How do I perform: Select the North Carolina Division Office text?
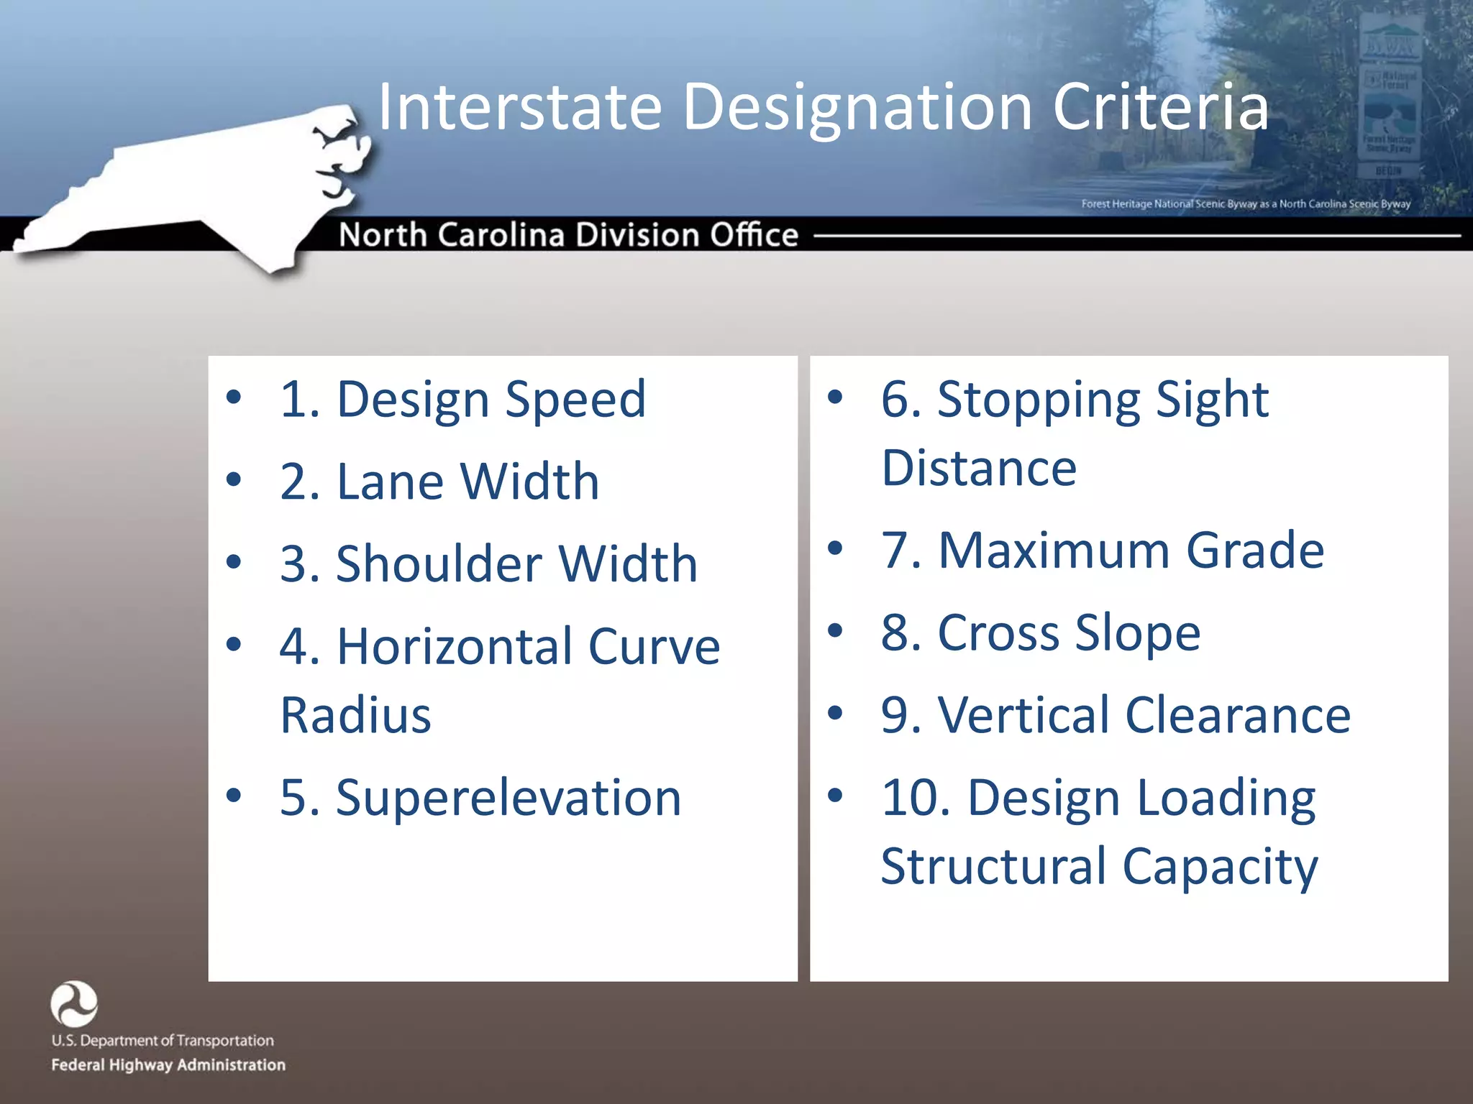[x=568, y=235]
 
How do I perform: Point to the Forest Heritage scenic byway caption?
[x=1245, y=204]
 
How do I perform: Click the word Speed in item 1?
[x=575, y=400]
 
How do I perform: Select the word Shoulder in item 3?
[x=438, y=563]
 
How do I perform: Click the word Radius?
[x=355, y=715]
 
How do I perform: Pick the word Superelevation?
[x=508, y=798]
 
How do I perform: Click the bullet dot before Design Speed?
[x=234, y=397]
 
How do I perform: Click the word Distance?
[x=978, y=468]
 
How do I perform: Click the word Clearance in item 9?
[x=1237, y=715]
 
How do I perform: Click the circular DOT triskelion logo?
[x=74, y=1003]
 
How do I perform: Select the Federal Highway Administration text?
[x=168, y=1064]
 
